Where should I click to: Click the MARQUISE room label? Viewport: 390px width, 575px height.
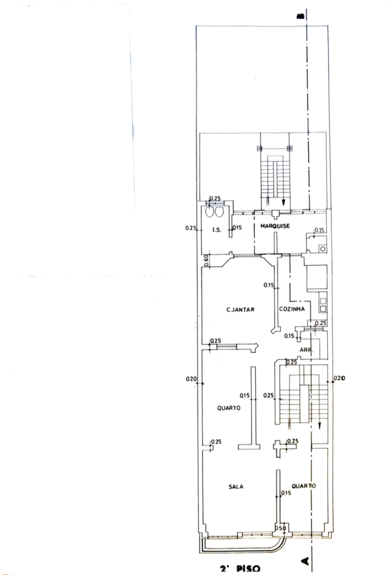pos(275,226)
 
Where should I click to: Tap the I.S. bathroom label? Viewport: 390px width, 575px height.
pos(217,230)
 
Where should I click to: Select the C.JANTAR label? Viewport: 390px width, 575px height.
pos(240,310)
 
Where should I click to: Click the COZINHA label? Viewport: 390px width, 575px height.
pos(292,309)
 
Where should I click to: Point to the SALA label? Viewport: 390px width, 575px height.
pos(236,487)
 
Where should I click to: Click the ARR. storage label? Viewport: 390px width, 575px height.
pos(306,350)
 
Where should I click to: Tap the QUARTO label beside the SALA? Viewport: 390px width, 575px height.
pos(303,486)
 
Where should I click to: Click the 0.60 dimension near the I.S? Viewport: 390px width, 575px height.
pos(206,261)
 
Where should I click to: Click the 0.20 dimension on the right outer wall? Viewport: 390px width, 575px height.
pos(339,378)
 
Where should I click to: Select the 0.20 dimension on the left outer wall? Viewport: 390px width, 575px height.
pos(191,379)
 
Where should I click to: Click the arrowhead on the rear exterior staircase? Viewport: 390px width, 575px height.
pos(284,202)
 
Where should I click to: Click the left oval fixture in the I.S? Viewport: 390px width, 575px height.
pos(209,212)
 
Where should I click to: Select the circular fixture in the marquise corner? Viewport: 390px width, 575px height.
pos(323,249)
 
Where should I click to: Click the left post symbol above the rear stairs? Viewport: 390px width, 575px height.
pos(260,149)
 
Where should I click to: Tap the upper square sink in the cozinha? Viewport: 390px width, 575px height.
pos(323,301)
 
